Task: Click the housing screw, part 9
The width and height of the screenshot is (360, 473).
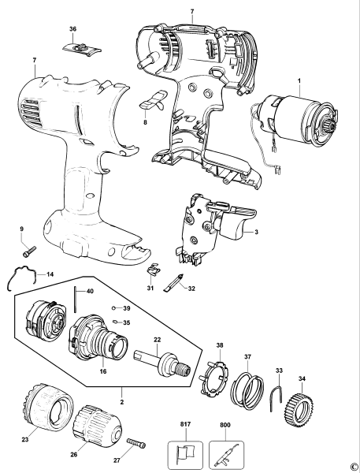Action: (x=29, y=251)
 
